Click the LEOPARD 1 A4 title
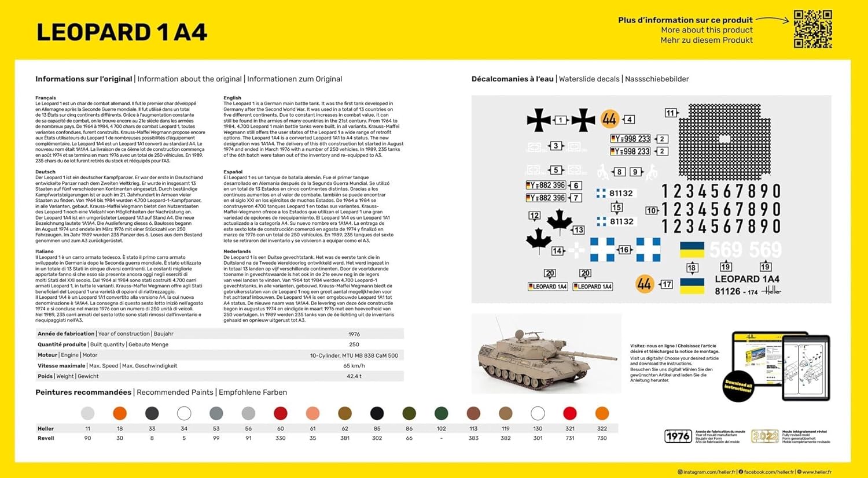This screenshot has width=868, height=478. coord(122,32)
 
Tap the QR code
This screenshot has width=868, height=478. coord(812,29)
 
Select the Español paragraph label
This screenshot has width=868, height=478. coord(233,172)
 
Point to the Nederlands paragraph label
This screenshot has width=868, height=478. coord(237,251)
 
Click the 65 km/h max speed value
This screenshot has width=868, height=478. coord(354,366)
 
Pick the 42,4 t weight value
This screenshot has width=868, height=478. coord(354,376)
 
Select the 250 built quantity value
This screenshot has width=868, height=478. coord(354,344)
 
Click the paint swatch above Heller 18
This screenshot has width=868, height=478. coord(120,413)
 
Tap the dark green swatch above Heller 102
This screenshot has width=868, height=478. coord(441,413)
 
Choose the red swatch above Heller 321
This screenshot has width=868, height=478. coord(570,413)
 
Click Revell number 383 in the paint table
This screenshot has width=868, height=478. coord(473,438)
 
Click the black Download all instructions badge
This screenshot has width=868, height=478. coord(738,386)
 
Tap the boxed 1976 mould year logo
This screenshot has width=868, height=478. coord(678,436)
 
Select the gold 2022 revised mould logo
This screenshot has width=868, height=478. coord(764,436)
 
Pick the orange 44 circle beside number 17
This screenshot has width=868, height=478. coord(644,284)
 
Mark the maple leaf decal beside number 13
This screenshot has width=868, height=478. coord(560,221)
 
